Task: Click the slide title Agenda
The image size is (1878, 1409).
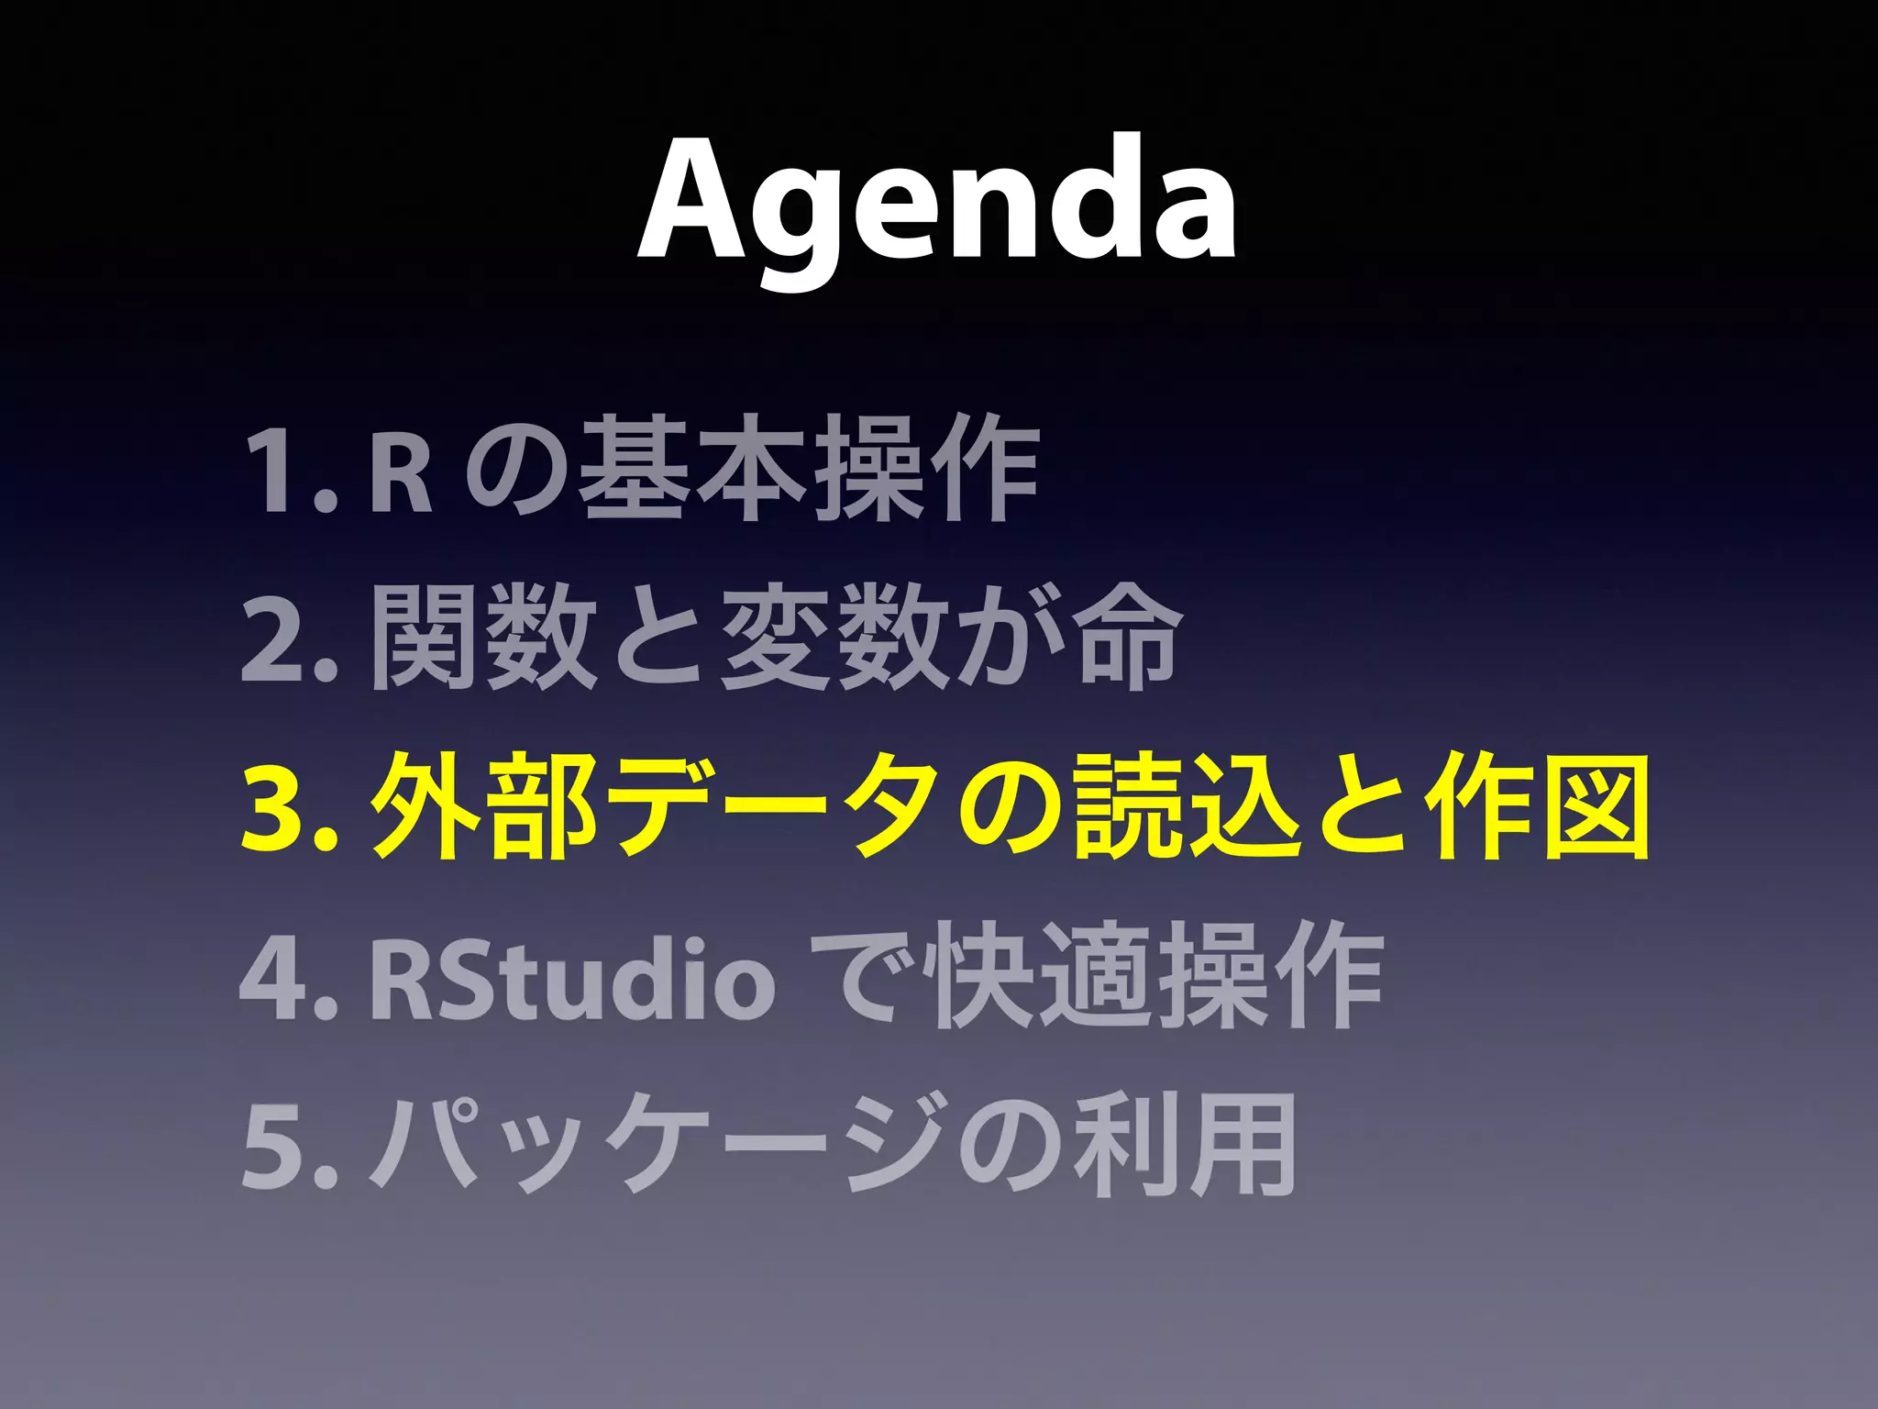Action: [x=937, y=206]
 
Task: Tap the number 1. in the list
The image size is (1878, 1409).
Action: [x=284, y=473]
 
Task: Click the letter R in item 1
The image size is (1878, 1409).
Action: [x=400, y=473]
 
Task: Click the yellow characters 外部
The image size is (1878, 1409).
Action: [x=486, y=807]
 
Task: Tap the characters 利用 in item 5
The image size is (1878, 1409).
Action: [x=1183, y=1147]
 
